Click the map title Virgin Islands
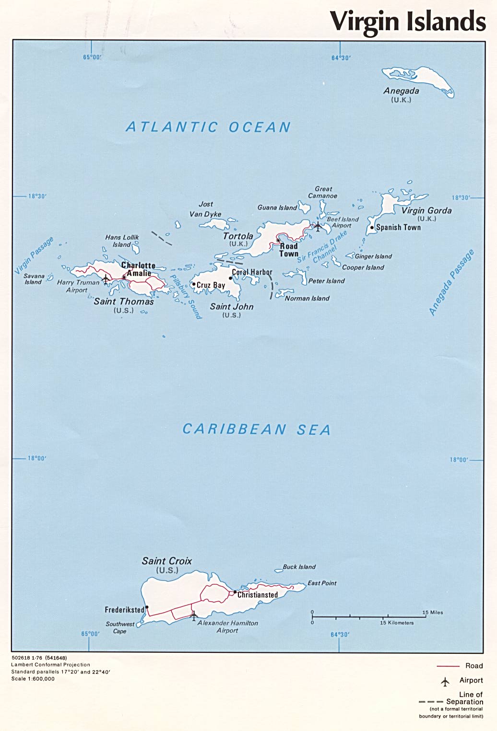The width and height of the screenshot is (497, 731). click(x=408, y=22)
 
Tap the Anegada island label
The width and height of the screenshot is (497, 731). click(x=401, y=91)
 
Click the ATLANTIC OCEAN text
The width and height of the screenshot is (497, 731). click(x=208, y=127)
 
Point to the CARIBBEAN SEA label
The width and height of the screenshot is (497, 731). click(x=257, y=429)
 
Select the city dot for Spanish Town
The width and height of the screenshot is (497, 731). click(x=372, y=228)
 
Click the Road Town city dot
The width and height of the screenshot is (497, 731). click(x=278, y=241)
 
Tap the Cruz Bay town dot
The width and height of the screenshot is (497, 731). click(x=194, y=284)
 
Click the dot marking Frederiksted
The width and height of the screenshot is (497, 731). click(x=147, y=607)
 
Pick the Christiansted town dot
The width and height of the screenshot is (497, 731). click(x=235, y=592)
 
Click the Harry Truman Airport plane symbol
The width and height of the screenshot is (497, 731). click(x=106, y=278)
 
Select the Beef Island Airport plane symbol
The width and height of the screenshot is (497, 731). click(x=318, y=226)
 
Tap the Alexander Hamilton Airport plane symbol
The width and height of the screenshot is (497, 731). click(x=193, y=615)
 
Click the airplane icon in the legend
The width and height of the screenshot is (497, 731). click(x=445, y=681)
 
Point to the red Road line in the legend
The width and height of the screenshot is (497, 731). click(x=448, y=666)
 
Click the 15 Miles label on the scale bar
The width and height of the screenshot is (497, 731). click(x=432, y=613)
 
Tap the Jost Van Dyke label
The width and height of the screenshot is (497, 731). click(x=206, y=209)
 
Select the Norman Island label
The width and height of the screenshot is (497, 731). click(x=307, y=299)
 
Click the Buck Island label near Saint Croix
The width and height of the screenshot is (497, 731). click(x=299, y=567)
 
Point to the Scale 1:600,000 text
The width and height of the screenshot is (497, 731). click(x=33, y=679)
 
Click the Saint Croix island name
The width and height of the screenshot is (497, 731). click(x=166, y=561)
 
